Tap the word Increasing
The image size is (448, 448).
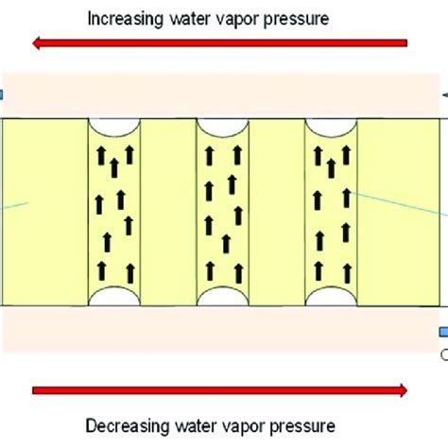pyautogui.click(x=129, y=17)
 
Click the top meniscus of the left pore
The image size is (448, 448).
pyautogui.click(x=112, y=128)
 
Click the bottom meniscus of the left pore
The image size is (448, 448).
pyautogui.click(x=112, y=297)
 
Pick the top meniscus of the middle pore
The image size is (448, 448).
pyautogui.click(x=221, y=128)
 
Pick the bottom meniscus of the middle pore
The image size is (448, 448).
pyautogui.click(x=221, y=297)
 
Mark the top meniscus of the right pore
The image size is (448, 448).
pyautogui.click(x=331, y=128)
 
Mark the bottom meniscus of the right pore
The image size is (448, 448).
pyautogui.click(x=331, y=297)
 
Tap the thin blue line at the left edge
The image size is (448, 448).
pyautogui.click(x=14, y=205)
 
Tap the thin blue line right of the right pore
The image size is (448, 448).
pyautogui.click(x=397, y=205)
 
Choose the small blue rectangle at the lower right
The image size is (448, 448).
pyautogui.click(x=443, y=332)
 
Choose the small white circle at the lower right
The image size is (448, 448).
pyautogui.click(x=444, y=355)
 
